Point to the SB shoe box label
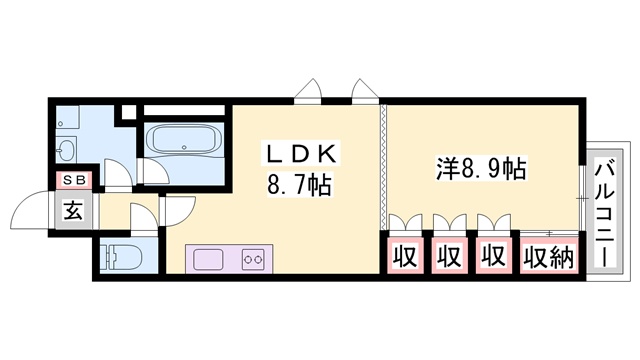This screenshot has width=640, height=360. point(75,181)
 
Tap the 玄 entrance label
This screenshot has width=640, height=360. point(75,211)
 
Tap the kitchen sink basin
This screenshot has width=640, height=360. point(211,260)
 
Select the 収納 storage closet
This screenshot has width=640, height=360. point(547,257)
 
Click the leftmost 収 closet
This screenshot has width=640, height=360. point(404,257)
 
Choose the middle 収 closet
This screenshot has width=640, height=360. point(449,257)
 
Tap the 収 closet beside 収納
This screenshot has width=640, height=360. point(493,257)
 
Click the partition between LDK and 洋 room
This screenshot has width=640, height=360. point(381,165)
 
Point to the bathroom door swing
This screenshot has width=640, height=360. point(150,176)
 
